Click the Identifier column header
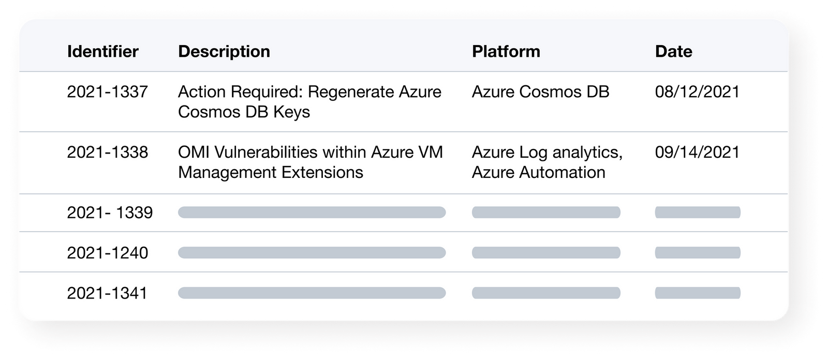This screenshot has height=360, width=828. click(103, 51)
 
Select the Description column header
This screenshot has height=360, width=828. click(224, 52)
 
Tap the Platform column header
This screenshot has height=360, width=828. click(506, 51)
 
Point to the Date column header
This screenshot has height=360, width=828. click(673, 51)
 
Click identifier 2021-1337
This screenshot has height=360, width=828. click(107, 92)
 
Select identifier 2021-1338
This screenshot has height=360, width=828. click(107, 152)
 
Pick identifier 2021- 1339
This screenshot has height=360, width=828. click(110, 213)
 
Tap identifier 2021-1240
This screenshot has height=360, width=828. click(107, 253)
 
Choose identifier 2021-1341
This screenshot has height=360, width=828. click(107, 293)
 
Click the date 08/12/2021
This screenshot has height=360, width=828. click(697, 92)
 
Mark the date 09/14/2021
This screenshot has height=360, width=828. click(697, 152)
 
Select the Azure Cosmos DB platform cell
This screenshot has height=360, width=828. click(540, 92)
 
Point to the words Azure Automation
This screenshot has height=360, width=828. click(539, 172)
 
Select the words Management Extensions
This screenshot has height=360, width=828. click(271, 173)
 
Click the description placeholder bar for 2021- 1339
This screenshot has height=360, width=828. click(312, 213)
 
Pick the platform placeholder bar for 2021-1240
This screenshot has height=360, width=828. click(546, 253)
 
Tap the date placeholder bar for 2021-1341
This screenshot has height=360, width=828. click(698, 293)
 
